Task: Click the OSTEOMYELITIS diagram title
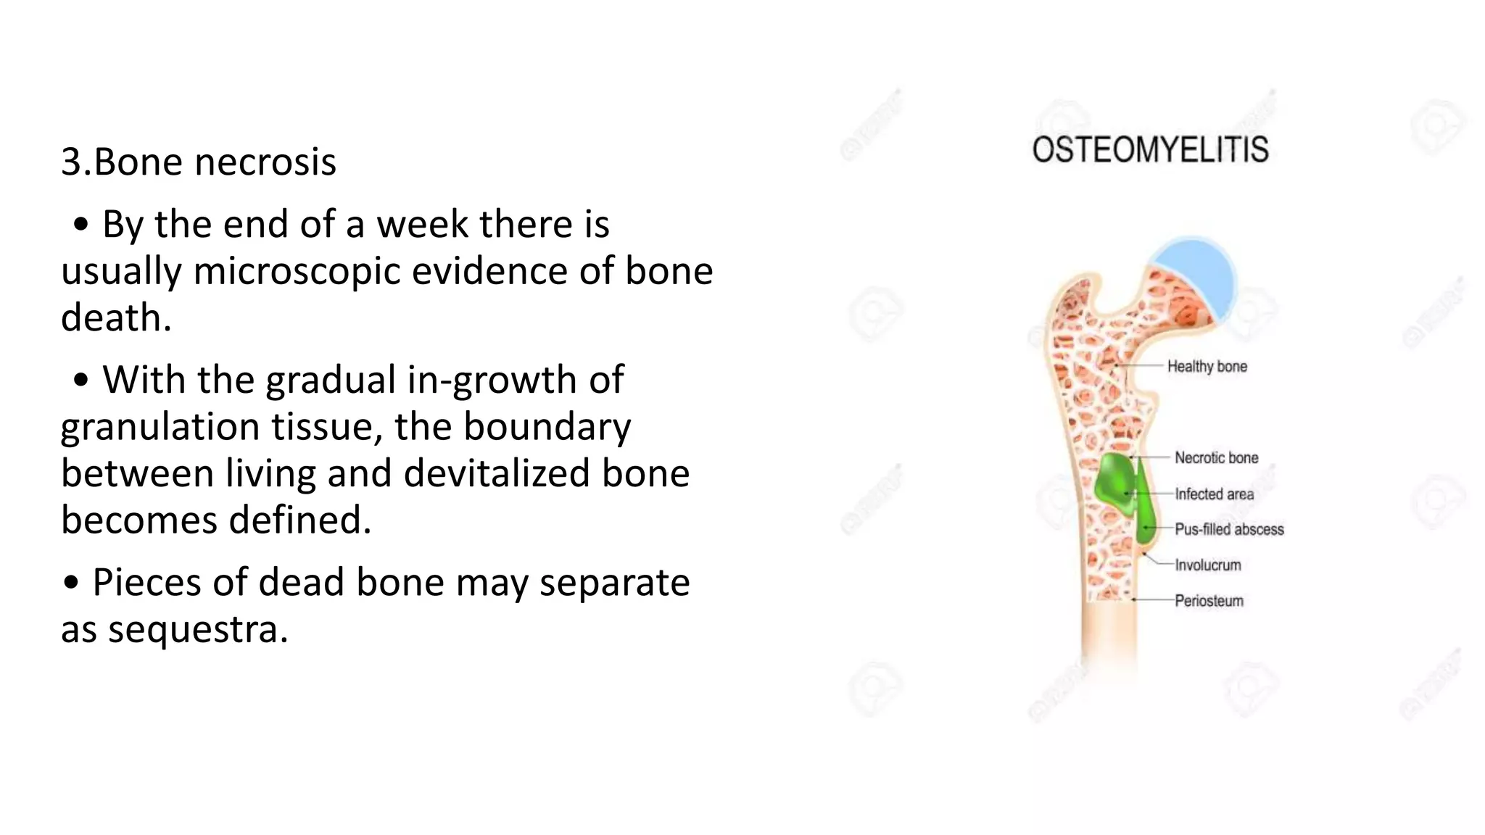tap(1150, 150)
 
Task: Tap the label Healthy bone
tap(1207, 367)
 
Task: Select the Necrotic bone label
tap(1216, 458)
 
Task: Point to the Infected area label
tap(1214, 494)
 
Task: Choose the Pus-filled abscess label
tap(1229, 530)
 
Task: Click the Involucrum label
tap(1207, 565)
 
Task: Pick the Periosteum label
tap(1209, 601)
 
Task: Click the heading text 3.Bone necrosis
tap(199, 162)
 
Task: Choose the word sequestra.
tap(198, 629)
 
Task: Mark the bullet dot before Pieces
tap(70, 582)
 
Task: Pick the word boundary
tap(547, 427)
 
